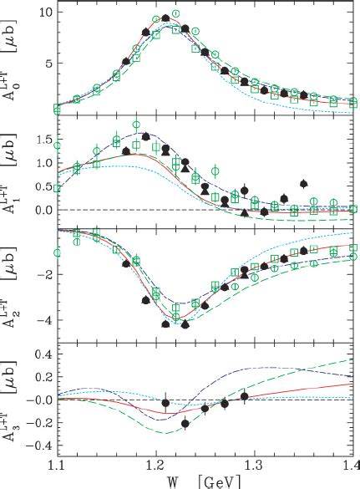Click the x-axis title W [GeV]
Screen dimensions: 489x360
pos(210,481)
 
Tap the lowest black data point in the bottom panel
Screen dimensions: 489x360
pos(185,424)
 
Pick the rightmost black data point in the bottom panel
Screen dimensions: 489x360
pos(244,395)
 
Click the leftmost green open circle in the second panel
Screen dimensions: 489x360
pos(58,145)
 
